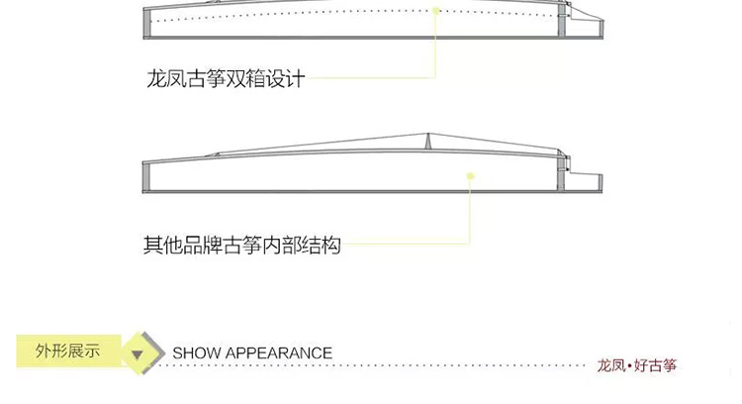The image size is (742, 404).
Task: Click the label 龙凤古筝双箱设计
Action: pos(226,78)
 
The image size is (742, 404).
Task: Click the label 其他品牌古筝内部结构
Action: pos(241,245)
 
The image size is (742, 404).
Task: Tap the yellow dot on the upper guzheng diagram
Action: pos(436,11)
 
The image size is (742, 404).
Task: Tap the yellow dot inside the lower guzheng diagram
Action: pos(470,176)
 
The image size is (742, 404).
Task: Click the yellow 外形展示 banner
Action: pos(68,351)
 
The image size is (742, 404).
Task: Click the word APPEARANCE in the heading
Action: pos(278,353)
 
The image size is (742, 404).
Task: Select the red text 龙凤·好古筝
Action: pos(636,365)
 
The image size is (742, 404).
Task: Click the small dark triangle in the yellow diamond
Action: pos(138,354)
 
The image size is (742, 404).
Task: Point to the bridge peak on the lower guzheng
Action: pos(428,135)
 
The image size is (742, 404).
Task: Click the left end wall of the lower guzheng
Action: pos(145,177)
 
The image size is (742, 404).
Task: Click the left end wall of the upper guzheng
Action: pos(146,23)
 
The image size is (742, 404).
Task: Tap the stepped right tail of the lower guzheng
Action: pos(584,182)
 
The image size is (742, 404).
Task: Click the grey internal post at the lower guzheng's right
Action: pos(561,172)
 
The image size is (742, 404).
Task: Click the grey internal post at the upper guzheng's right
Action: pos(562,20)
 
